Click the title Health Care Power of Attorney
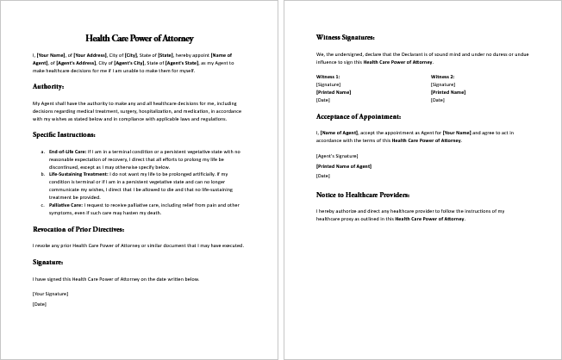click(140, 39)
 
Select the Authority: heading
click(48, 87)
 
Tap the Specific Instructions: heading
click(64, 135)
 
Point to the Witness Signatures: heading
click(346, 39)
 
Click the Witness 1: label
click(328, 78)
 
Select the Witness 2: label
click(442, 78)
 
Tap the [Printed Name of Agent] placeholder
click(343, 165)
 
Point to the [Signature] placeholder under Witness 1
click(328, 85)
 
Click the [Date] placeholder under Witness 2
click(437, 100)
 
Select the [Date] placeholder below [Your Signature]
click(38, 303)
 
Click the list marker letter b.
click(43, 173)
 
